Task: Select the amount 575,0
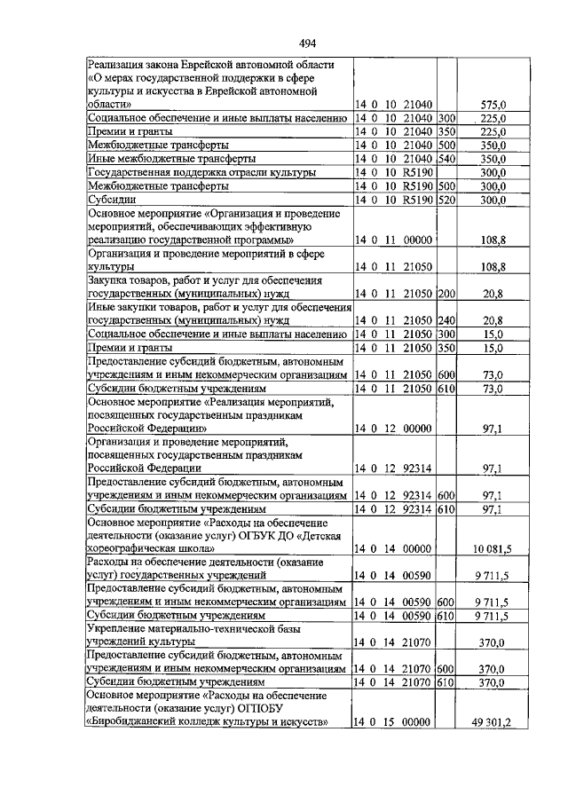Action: pyautogui.click(x=492, y=104)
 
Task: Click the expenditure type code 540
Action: pyautogui.click(x=446, y=159)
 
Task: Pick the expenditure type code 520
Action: pyautogui.click(x=446, y=201)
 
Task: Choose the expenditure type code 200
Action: pyautogui.click(x=446, y=293)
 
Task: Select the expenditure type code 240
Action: pyautogui.click(x=446, y=320)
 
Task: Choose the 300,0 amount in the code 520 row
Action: pyautogui.click(x=492, y=201)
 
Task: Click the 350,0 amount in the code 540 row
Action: pyautogui.click(x=492, y=159)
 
